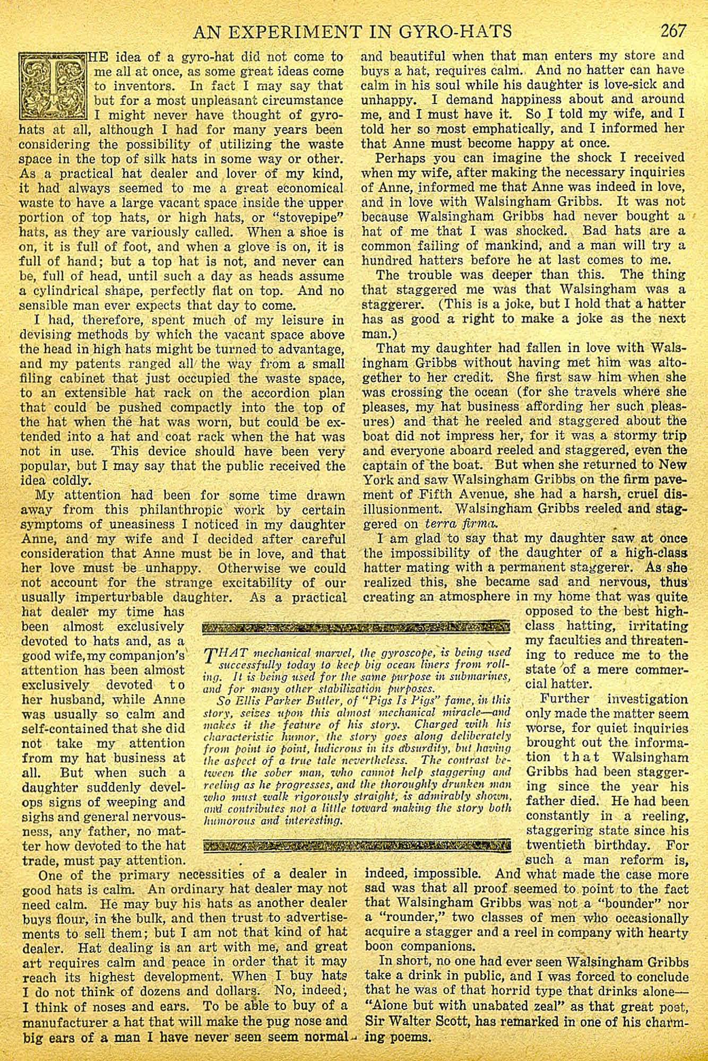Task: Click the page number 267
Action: coord(674,31)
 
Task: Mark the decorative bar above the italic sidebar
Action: coord(357,629)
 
